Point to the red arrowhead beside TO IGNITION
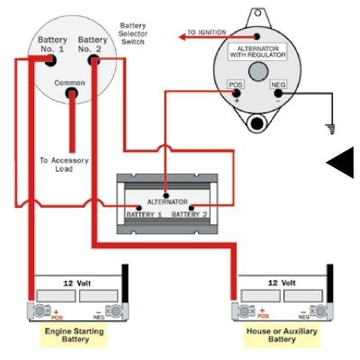click(x=184, y=35)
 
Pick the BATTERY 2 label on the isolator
click(x=189, y=215)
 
